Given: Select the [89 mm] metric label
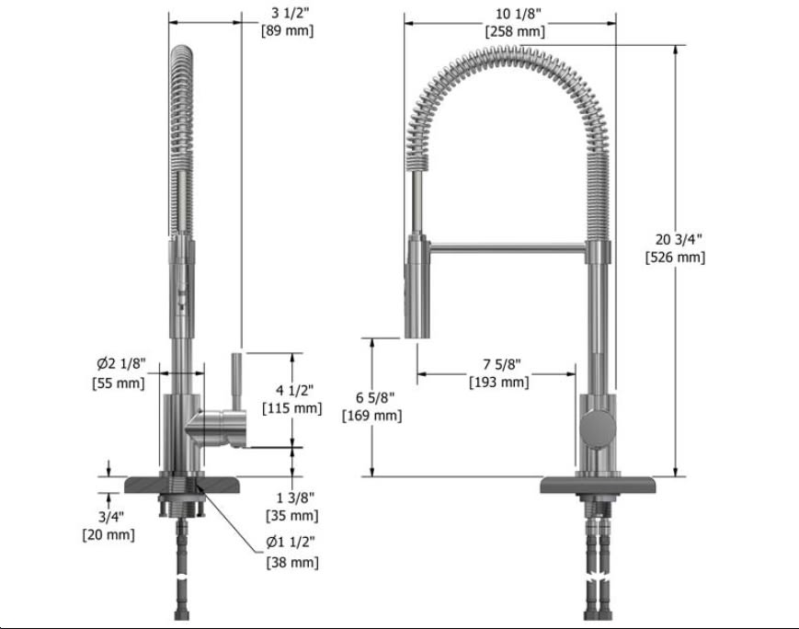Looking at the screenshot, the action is click(288, 30).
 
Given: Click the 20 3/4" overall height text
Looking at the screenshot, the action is click(675, 239).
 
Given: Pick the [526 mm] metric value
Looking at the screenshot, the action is click(675, 257).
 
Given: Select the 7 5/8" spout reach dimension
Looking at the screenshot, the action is click(498, 364).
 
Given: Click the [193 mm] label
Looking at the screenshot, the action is click(498, 382).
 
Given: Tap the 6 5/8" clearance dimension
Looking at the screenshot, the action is click(372, 397).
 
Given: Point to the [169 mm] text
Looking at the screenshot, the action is click(372, 415).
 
